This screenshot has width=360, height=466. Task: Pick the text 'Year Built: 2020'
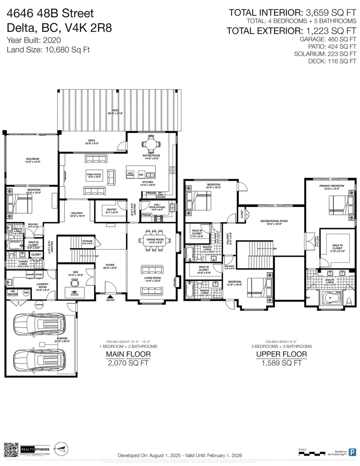point(33,40)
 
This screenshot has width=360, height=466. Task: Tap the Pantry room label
point(111,210)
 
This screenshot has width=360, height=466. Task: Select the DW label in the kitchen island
point(141,174)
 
